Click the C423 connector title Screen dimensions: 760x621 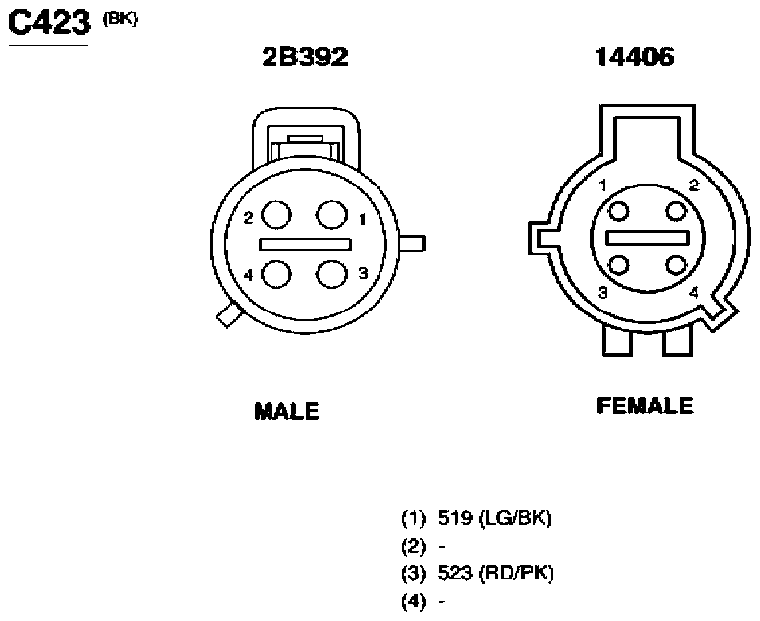point(50,22)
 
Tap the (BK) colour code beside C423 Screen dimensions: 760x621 point(120,19)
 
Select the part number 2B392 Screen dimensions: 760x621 point(305,57)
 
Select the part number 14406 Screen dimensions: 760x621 point(634,57)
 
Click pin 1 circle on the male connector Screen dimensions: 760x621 point(332,215)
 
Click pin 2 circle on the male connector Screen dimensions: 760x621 point(276,215)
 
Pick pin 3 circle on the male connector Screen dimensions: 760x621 point(332,274)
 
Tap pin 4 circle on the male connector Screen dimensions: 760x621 point(276,274)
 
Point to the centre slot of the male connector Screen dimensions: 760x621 point(305,244)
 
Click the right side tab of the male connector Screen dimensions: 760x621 point(412,244)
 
